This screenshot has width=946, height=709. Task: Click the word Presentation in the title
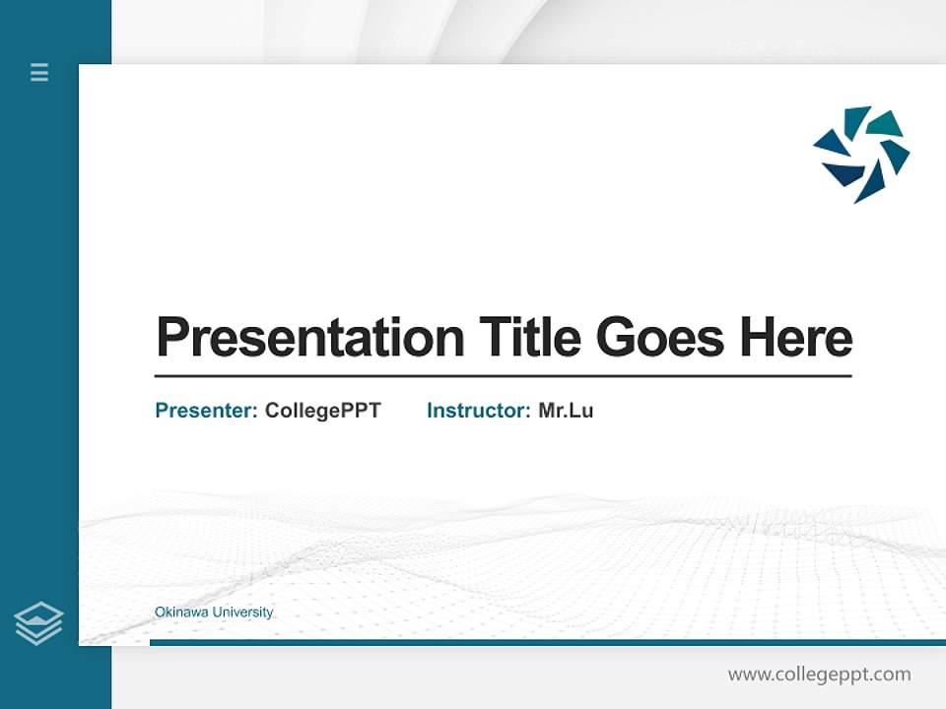tap(309, 338)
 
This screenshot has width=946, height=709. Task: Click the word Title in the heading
tap(530, 338)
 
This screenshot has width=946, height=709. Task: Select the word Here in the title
tap(796, 338)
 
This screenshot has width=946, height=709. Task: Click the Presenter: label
tap(206, 411)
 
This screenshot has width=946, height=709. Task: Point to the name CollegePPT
tap(322, 411)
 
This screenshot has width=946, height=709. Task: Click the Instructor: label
tap(478, 411)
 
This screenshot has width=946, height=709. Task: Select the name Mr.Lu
tap(566, 411)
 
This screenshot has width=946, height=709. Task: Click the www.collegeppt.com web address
tap(819, 675)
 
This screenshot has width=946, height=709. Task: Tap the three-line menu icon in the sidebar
tap(39, 72)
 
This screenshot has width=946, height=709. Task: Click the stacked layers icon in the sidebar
tap(38, 623)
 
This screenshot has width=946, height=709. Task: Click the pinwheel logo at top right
tap(861, 155)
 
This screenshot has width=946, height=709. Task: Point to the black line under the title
tap(503, 376)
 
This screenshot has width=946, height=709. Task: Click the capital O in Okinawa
tap(160, 612)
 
